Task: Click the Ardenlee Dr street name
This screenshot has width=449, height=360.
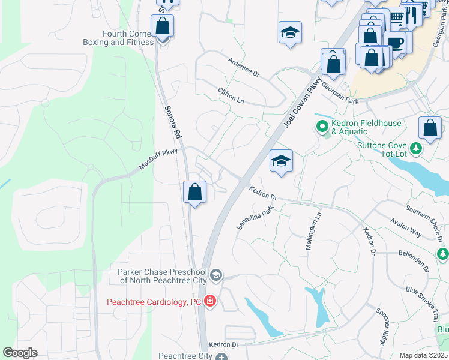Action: (243, 68)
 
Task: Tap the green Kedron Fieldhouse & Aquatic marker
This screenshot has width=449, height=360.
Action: (322, 127)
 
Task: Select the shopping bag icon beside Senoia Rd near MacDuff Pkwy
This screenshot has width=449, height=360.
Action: (194, 193)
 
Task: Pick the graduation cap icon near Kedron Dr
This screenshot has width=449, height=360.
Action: (281, 161)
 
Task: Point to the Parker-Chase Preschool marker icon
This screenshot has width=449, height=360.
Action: (216, 275)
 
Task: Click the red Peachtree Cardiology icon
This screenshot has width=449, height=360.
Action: (210, 301)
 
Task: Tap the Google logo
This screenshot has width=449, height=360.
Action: (20, 353)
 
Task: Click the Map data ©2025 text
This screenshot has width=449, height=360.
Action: (423, 355)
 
